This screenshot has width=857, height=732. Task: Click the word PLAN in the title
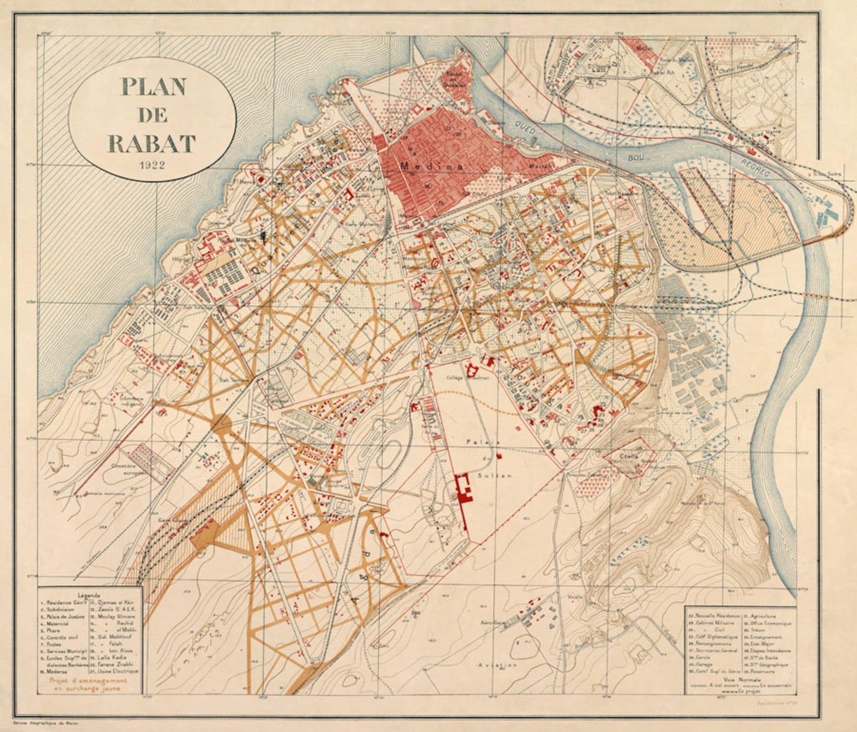point(153,87)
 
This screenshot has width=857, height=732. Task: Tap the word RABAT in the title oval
point(152,143)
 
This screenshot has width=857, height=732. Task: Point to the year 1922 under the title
point(152,165)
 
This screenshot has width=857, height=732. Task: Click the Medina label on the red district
point(431,167)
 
